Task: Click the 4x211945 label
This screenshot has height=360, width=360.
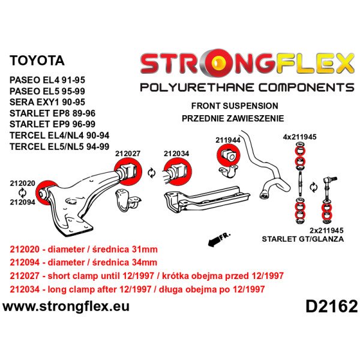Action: tap(299, 137)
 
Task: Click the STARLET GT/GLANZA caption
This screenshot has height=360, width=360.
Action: tap(305, 239)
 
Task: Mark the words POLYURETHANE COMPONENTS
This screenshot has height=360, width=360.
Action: tap(247, 88)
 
